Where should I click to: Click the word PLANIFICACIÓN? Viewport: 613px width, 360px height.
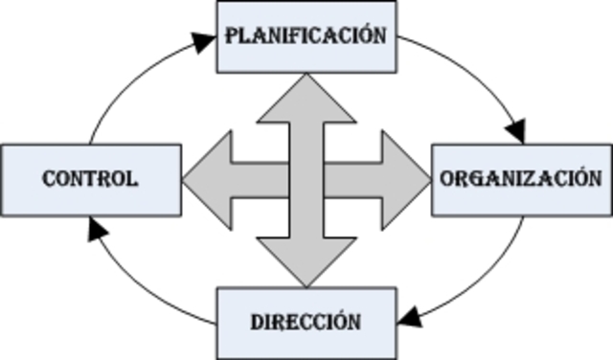(x=306, y=36)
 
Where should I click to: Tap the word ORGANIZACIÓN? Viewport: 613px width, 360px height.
(x=521, y=178)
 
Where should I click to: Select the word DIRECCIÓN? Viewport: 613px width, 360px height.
(x=306, y=321)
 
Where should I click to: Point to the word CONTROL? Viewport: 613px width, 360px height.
(x=90, y=178)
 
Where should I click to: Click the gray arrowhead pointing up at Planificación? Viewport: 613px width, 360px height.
(x=306, y=96)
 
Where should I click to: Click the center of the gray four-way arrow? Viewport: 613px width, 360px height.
(x=306, y=178)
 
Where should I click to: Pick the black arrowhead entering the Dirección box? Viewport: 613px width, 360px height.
(x=408, y=316)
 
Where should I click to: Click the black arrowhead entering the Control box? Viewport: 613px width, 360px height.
(x=94, y=228)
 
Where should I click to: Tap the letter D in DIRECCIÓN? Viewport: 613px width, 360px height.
(x=258, y=321)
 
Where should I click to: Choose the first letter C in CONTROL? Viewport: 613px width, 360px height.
(x=49, y=178)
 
